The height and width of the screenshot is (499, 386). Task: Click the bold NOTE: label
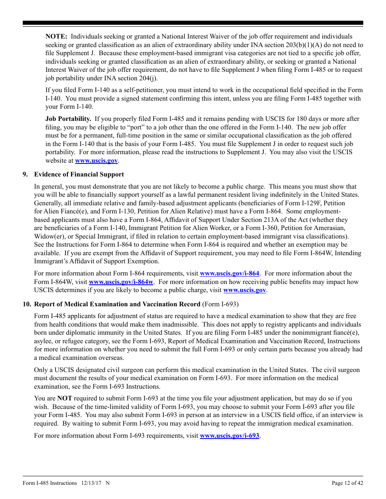click(x=56, y=37)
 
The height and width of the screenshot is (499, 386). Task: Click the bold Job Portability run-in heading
click(x=68, y=119)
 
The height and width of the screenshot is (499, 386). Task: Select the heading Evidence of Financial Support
click(x=79, y=174)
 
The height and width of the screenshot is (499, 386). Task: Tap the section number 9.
click(x=25, y=174)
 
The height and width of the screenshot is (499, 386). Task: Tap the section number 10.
click(x=27, y=304)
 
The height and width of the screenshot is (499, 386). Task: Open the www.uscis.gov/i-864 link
click(x=229, y=273)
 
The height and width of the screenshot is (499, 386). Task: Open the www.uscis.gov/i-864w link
click(x=121, y=282)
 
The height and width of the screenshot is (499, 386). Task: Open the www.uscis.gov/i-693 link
click(x=229, y=436)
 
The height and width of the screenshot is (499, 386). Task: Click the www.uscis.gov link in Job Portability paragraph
click(x=96, y=161)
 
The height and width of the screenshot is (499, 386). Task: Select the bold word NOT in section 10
click(x=65, y=398)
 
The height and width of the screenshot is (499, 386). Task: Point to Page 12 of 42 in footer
click(x=347, y=483)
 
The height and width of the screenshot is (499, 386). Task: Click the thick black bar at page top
click(x=193, y=23)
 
